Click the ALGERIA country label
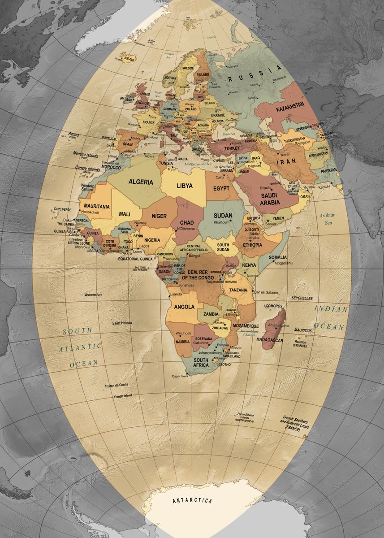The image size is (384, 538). click(141, 182)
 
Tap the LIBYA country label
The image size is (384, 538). click(185, 186)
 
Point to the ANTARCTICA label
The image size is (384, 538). click(192, 500)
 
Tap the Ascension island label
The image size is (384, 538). click(93, 295)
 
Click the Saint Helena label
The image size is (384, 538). click(122, 323)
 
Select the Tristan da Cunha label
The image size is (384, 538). click(116, 386)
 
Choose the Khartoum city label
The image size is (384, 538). click(222, 222)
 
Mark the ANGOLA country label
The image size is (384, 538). click(184, 307)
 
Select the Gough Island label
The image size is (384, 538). click(123, 396)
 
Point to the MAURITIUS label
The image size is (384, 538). click(303, 330)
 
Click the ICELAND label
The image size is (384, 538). click(129, 59)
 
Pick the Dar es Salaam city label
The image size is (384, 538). click(266, 292)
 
